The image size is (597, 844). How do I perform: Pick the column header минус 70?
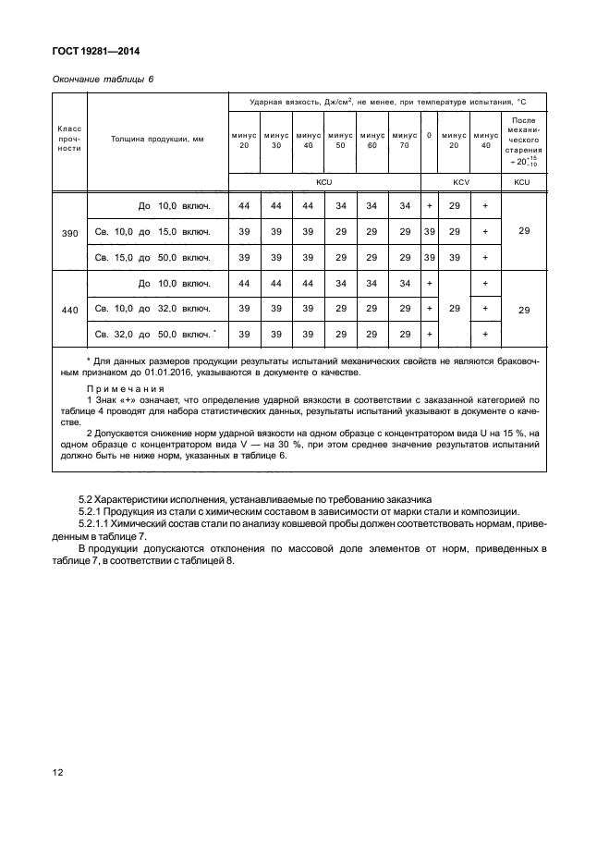tap(403, 140)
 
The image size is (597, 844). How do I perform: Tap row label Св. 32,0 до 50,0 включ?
tap(155, 334)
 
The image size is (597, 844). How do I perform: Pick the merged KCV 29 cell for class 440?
tap(453, 308)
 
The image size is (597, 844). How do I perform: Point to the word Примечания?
tap(112, 388)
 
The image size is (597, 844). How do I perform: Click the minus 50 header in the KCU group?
tap(340, 140)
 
